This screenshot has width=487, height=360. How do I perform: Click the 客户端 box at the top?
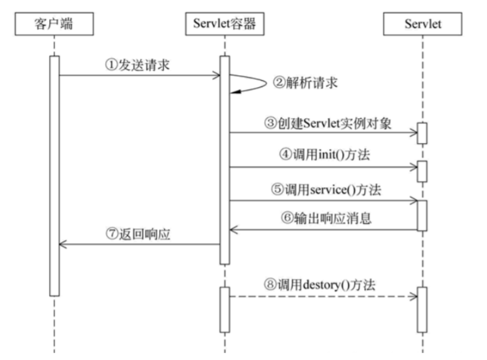[54, 24]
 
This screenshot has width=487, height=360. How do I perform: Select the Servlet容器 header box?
[225, 24]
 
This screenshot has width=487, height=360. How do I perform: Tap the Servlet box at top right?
[422, 24]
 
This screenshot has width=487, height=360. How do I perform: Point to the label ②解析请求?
[305, 83]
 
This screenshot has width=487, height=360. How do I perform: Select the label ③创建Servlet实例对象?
[328, 123]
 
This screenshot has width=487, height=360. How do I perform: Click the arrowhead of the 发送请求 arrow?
[216, 75]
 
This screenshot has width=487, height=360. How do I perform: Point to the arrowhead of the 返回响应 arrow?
[63, 244]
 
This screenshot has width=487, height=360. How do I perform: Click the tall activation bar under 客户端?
[54, 175]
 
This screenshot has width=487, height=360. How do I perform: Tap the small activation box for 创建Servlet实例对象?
[422, 133]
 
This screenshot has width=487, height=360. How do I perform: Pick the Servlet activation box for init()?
[422, 171]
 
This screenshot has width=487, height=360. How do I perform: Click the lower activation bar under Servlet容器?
[225, 309]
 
